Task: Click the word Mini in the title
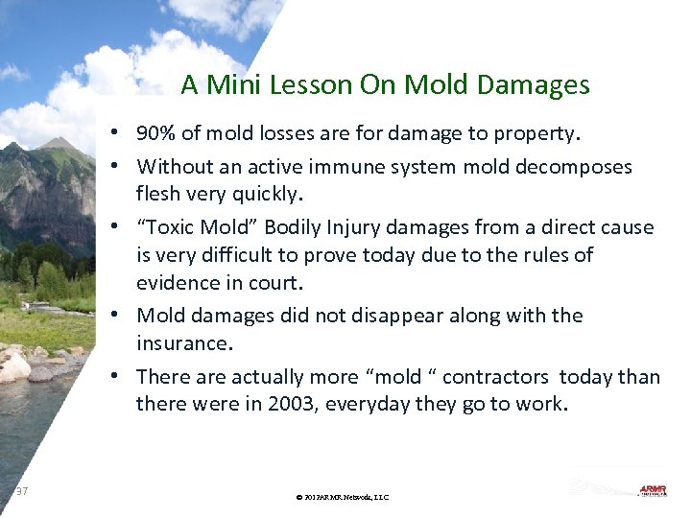point(252,85)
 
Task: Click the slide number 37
point(22,491)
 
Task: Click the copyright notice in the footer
point(343,497)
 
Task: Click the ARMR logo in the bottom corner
point(652,489)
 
